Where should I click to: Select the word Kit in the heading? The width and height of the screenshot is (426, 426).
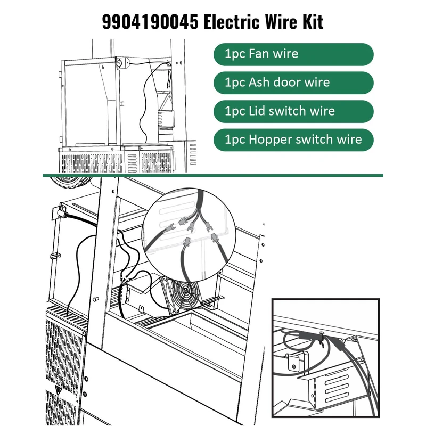pyautogui.click(x=312, y=22)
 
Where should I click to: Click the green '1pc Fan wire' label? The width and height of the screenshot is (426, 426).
pyautogui.click(x=293, y=54)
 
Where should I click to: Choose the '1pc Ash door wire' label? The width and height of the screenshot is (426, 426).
pyautogui.click(x=293, y=83)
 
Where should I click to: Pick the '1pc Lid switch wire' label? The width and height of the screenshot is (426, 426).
pyautogui.click(x=293, y=111)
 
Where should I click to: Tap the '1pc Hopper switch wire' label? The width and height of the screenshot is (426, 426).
pyautogui.click(x=293, y=140)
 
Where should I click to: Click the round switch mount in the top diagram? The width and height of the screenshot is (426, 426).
pyautogui.click(x=120, y=63)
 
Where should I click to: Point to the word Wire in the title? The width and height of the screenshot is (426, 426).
pyautogui.click(x=281, y=22)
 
